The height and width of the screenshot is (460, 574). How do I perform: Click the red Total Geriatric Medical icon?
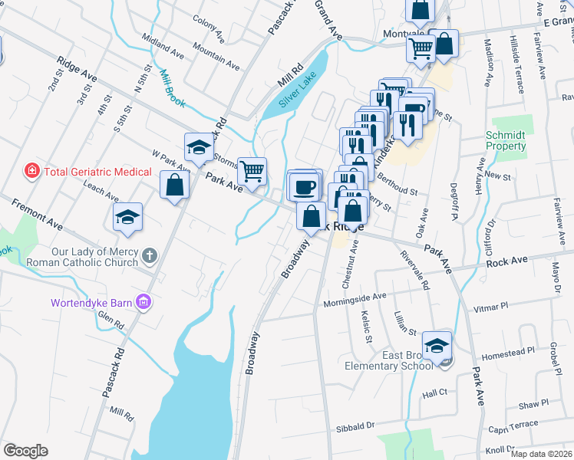tap(32, 171)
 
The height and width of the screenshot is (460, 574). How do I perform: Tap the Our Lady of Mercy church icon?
tap(149, 255)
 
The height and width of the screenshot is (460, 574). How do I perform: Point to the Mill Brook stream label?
tap(168, 86)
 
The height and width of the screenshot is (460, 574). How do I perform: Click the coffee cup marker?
tap(303, 186)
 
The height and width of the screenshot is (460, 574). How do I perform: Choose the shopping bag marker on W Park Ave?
tap(175, 185)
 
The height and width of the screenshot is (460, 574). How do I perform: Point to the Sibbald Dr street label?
tap(354, 424)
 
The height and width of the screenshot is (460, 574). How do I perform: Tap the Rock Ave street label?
tap(506, 261)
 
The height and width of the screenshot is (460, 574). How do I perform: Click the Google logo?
tap(25, 451)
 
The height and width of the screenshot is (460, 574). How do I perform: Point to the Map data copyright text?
tap(541, 454)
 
